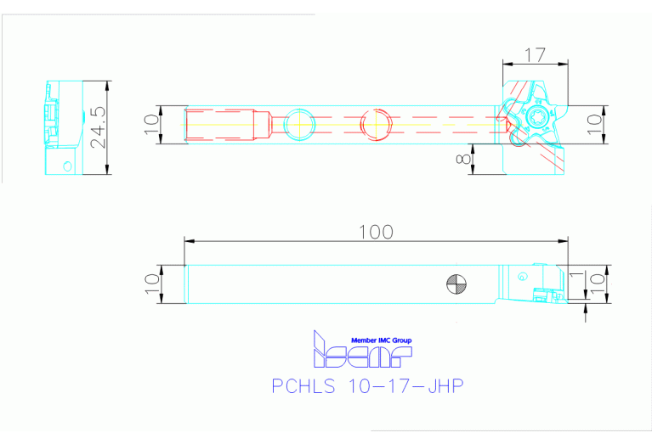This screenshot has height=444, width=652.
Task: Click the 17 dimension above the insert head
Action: (534, 55)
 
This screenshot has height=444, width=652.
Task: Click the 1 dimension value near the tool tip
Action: (575, 276)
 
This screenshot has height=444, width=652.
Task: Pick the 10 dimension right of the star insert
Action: (594, 120)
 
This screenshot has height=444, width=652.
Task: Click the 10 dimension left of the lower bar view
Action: (151, 284)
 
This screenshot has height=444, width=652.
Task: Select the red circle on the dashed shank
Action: (375, 124)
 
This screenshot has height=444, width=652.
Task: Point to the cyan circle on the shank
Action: (299, 124)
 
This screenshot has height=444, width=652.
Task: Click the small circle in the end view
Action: (65, 165)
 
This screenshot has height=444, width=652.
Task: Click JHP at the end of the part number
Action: (441, 386)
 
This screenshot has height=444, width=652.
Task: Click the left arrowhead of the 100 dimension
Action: (190, 241)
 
